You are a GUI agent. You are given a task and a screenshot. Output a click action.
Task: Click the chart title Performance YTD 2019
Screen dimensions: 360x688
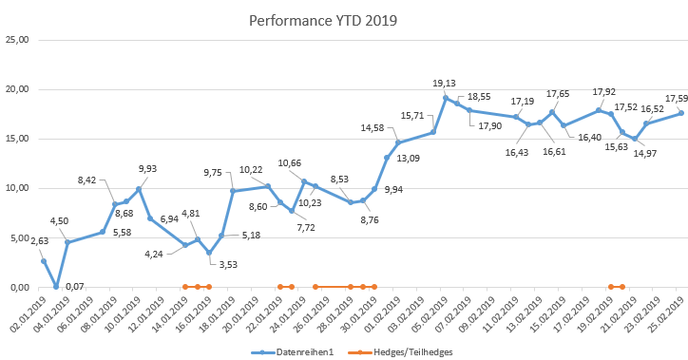(322, 20)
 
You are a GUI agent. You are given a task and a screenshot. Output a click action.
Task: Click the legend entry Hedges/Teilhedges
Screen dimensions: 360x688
(415, 351)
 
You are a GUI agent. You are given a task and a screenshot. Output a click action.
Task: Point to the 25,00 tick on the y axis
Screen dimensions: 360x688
(18, 40)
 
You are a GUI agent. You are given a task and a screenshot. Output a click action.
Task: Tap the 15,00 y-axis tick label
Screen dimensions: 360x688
(18, 139)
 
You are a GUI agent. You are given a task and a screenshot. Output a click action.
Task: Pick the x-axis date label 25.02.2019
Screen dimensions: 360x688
(666, 315)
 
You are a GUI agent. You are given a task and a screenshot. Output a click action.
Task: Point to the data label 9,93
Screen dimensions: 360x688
(147, 169)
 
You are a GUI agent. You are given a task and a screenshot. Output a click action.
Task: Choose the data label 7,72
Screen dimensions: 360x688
(305, 228)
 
